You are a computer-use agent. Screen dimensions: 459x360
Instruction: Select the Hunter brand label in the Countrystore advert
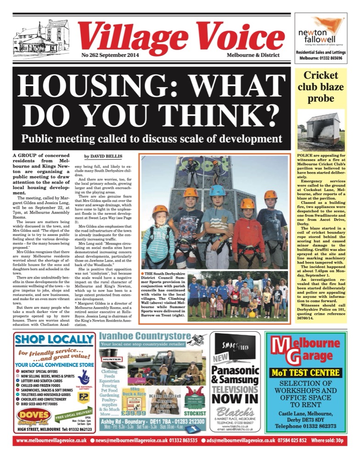point(110,353)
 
